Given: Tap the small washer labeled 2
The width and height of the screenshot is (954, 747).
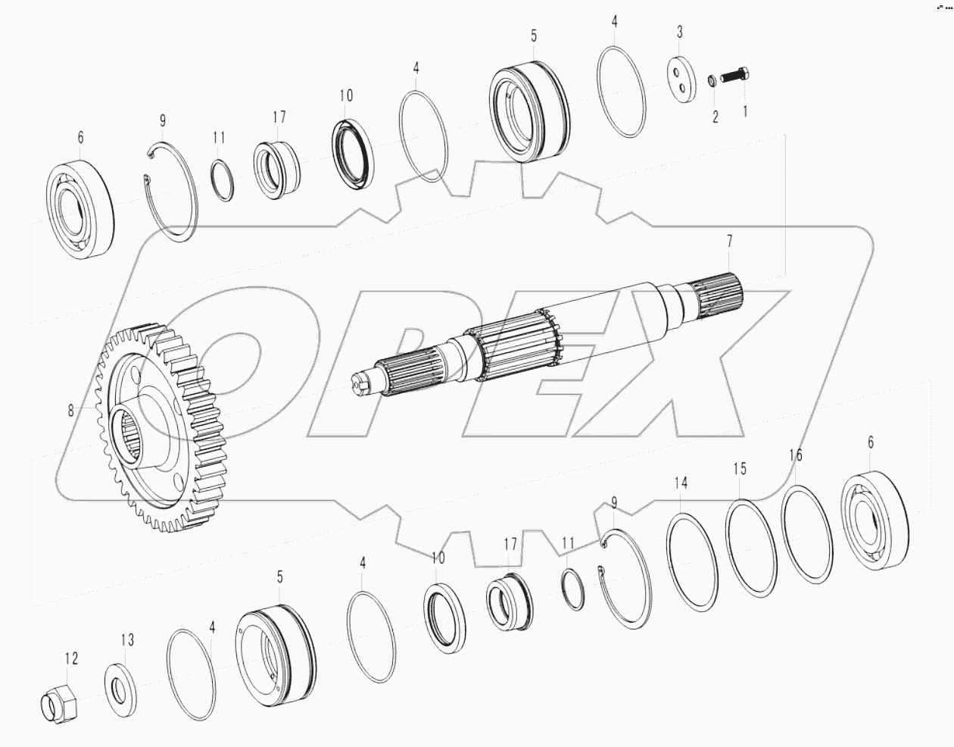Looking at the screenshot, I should click(x=712, y=80).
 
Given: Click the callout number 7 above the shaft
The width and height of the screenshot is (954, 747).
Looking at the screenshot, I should click(x=729, y=242).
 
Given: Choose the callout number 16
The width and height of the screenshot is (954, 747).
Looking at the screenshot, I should click(x=795, y=455).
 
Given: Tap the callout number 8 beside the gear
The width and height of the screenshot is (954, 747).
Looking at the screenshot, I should click(x=70, y=410).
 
